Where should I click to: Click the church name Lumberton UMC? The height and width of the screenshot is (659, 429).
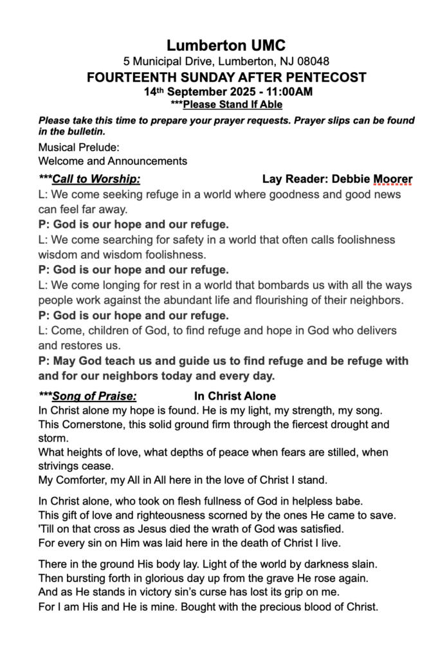point(226,45)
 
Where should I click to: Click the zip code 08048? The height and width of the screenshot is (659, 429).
point(315,62)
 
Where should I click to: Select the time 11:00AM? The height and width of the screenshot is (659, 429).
point(289,92)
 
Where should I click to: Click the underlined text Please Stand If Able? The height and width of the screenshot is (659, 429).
point(233,104)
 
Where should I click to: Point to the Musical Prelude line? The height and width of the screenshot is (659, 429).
point(79,147)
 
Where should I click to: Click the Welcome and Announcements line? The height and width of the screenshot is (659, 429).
point(113,161)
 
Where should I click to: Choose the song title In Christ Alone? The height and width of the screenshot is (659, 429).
point(235,396)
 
